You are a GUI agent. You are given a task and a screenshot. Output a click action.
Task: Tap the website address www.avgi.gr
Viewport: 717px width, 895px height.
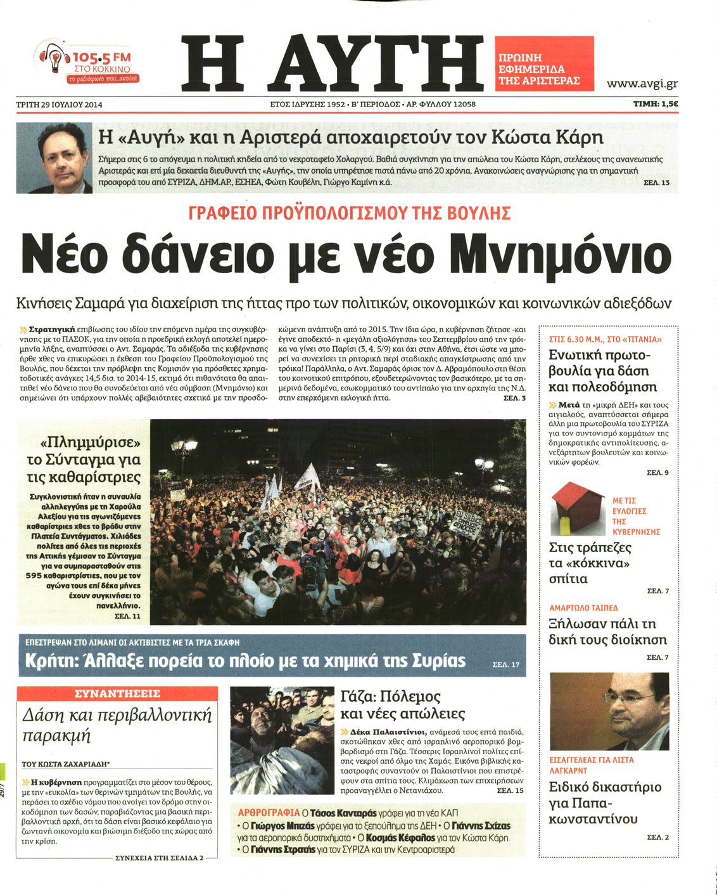(x=642, y=84)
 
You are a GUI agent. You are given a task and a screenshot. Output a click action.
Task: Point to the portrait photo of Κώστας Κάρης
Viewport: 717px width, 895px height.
(x=54, y=158)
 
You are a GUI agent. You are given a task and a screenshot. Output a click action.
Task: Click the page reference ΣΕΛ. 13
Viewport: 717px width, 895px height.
(x=656, y=183)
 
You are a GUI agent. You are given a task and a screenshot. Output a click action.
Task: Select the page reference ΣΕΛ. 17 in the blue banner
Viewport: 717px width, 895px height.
(x=505, y=664)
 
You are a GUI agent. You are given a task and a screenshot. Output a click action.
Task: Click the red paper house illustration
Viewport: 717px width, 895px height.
(x=574, y=507)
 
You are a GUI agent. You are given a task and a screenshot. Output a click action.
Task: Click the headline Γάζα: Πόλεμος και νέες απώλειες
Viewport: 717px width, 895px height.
(x=403, y=705)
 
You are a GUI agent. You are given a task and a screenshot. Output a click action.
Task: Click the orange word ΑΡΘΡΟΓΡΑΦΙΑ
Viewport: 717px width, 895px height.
(x=269, y=813)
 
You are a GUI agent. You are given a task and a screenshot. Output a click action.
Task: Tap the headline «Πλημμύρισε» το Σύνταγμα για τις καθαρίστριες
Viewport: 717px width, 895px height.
(x=84, y=459)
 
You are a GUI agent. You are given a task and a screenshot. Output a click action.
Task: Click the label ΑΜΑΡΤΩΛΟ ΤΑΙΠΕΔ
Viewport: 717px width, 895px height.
(x=583, y=608)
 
